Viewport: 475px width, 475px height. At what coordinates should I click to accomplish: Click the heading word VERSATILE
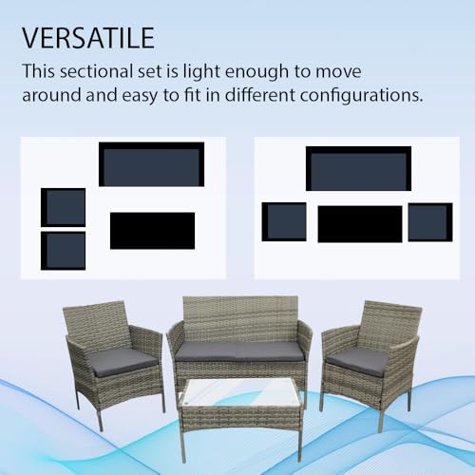[x=87, y=39]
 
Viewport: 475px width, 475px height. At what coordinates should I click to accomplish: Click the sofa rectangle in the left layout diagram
[x=152, y=164]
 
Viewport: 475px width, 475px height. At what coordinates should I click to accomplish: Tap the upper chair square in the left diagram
[x=64, y=207]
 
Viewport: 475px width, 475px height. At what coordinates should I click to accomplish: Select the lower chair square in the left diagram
[x=64, y=250]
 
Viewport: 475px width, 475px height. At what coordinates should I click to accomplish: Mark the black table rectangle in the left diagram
[x=152, y=230]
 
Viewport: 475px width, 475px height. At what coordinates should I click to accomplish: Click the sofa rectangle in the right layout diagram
[x=358, y=169]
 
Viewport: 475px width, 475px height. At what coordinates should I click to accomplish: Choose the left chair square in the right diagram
[x=284, y=221]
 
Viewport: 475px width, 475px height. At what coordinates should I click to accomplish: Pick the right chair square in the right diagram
[x=430, y=221]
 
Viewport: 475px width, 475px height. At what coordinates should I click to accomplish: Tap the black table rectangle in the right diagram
[x=359, y=224]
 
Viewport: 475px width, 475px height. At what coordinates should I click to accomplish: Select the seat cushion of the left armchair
[x=125, y=360]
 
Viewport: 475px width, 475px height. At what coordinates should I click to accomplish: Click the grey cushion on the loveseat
[x=239, y=351]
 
